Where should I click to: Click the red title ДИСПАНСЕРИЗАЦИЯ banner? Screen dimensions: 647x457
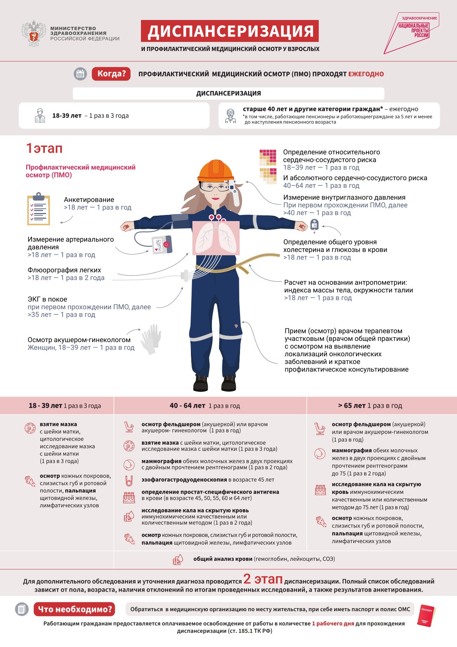(230, 31)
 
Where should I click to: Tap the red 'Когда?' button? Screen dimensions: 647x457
(111, 73)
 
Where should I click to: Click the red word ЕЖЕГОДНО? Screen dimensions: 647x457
(366, 74)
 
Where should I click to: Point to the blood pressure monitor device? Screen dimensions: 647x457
(162, 245)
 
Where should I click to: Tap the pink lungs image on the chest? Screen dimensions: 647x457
(215, 238)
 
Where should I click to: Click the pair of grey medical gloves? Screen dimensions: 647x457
(151, 339)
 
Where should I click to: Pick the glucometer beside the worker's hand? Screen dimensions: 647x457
(314, 226)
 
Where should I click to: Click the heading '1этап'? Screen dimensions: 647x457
(44, 148)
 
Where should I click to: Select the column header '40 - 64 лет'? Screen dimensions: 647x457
(187, 406)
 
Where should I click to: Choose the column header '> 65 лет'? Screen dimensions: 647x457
(351, 406)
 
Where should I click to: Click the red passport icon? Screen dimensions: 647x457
(426, 615)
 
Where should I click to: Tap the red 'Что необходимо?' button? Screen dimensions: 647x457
(75, 609)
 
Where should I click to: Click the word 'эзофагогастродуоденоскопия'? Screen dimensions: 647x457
(184, 480)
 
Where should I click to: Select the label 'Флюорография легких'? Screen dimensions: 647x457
(64, 270)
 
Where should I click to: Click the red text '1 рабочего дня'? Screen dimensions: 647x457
(333, 624)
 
